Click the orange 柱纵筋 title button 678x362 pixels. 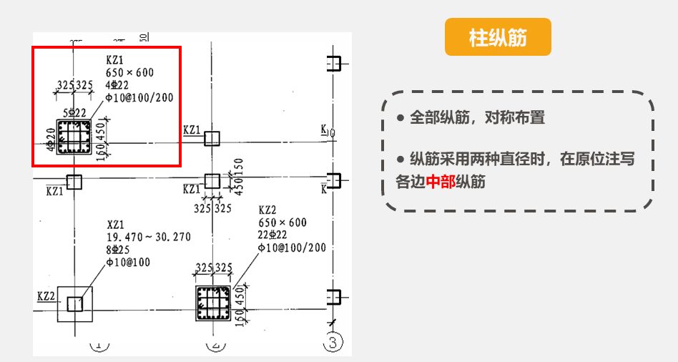pyautogui.click(x=498, y=37)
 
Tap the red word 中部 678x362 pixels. pyautogui.click(x=440, y=182)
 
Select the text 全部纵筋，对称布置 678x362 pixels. pyautogui.click(x=477, y=118)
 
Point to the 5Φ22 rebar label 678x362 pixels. pyautogui.click(x=75, y=113)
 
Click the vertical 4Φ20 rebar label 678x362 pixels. pyautogui.click(x=51, y=140)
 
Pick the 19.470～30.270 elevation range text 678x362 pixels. pyautogui.click(x=149, y=238)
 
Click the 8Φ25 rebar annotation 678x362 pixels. pyautogui.click(x=119, y=250)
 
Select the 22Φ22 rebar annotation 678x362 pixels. pyautogui.click(x=272, y=235)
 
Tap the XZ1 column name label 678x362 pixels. pyautogui.click(x=115, y=225)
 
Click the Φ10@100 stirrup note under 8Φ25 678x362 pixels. pyautogui.click(x=128, y=262)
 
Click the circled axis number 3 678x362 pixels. pyautogui.click(x=332, y=343)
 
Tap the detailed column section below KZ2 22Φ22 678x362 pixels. pyautogui.click(x=212, y=304)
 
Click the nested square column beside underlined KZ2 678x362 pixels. pyautogui.click(x=74, y=304)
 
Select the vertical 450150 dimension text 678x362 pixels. pyautogui.click(x=239, y=177)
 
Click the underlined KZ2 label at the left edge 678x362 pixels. pyautogui.click(x=46, y=295)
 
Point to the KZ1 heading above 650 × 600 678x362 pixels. pyautogui.click(x=114, y=60)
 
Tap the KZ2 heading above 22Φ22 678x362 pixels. pyautogui.click(x=267, y=210)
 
